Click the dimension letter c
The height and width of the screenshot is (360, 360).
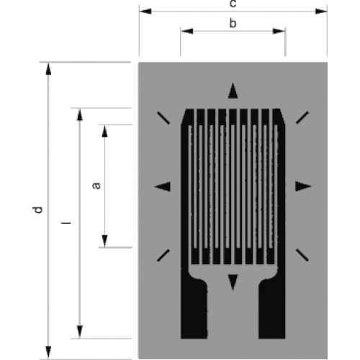click(233, 4)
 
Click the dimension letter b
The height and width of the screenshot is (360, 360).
click(233, 23)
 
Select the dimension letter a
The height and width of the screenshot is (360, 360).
click(96, 186)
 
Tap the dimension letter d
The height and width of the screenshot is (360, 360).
click(37, 210)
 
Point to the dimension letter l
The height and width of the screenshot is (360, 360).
click(66, 223)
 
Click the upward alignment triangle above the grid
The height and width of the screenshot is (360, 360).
click(233, 91)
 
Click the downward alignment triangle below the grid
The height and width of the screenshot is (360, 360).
click(233, 282)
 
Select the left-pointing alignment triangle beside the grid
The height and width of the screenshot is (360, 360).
click(162, 186)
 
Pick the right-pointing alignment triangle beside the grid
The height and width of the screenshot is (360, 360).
click(303, 186)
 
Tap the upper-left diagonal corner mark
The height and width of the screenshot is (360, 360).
click(163, 118)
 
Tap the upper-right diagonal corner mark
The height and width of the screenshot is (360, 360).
click(302, 117)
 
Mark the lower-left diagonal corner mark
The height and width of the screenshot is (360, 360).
click(163, 256)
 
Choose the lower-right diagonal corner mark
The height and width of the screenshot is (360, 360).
click(302, 255)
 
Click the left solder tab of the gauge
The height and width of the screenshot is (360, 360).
click(194, 310)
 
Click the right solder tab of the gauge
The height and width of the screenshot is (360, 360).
click(272, 310)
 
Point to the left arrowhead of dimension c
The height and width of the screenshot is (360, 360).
click(145, 12)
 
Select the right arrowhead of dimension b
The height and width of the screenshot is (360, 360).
click(279, 31)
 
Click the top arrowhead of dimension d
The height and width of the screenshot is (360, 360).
click(48, 69)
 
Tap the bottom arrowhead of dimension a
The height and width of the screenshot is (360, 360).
click(104, 240)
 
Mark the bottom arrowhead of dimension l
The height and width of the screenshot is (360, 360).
click(80, 332)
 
